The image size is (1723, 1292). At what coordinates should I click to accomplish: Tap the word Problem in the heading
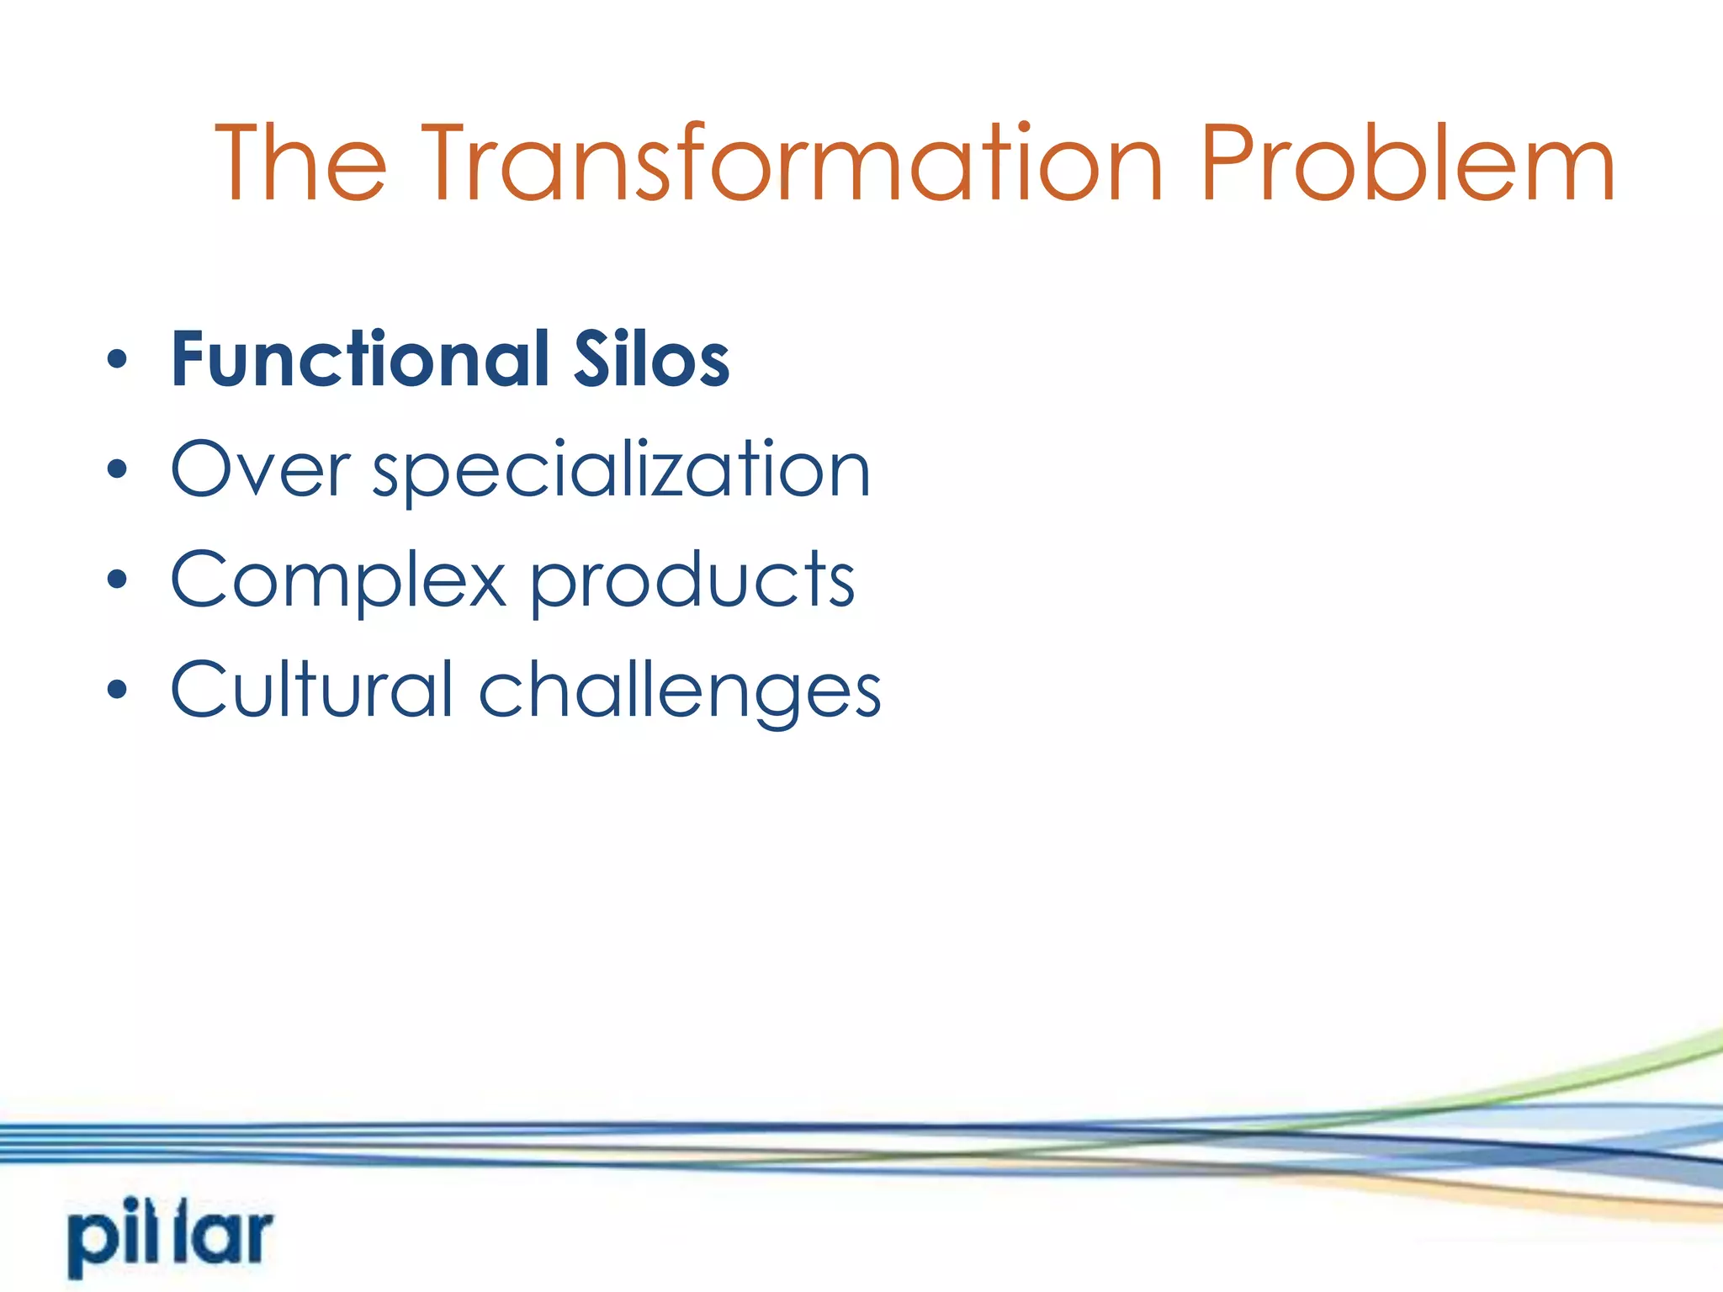[x=1407, y=163]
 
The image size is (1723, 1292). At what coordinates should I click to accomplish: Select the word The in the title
[x=300, y=163]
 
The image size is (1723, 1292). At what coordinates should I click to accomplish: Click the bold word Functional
[x=360, y=360]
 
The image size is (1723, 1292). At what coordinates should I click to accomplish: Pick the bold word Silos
[x=651, y=360]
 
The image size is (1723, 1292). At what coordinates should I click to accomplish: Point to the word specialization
[x=621, y=471]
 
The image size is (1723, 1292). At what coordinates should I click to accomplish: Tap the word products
[x=692, y=580]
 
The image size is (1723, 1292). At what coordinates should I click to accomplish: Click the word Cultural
[x=312, y=690]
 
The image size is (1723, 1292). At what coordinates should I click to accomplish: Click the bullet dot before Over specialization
[x=117, y=470]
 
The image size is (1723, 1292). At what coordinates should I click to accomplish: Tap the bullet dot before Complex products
[x=117, y=580]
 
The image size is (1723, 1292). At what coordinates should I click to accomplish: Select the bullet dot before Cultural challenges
[x=117, y=691]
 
